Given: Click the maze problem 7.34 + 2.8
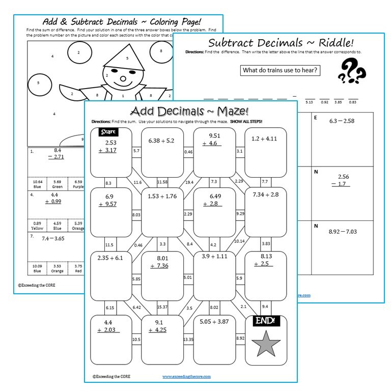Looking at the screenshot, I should [265, 194].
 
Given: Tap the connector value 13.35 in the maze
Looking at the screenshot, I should [188, 340].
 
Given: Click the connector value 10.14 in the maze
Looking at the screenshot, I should [239, 241].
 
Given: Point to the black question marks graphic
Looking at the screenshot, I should [351, 71].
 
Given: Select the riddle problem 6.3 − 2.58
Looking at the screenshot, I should [349, 121].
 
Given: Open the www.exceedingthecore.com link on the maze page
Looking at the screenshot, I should [186, 376].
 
